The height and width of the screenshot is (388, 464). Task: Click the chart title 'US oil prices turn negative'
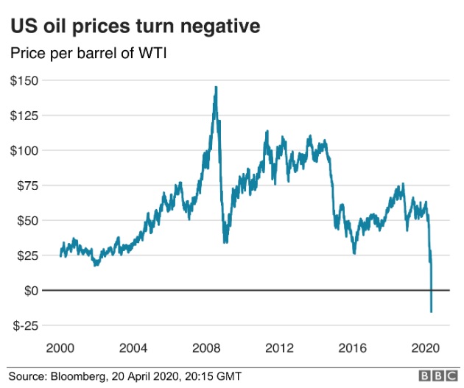click(134, 27)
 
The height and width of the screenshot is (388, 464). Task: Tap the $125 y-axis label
click(26, 115)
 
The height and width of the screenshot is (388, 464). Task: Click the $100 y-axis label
click(26, 150)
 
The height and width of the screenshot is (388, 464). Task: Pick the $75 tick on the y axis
click(29, 185)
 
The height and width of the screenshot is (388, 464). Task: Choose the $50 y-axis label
click(29, 220)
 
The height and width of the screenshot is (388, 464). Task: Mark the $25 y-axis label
click(29, 255)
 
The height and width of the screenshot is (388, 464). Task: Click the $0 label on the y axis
click(32, 290)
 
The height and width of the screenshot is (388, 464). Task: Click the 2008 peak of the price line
click(216, 87)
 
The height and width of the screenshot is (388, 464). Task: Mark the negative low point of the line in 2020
click(431, 311)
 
